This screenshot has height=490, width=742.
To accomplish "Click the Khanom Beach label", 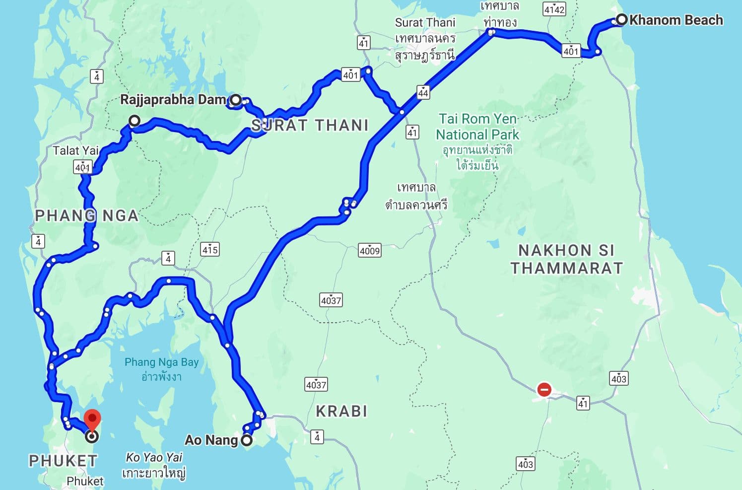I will [676, 20].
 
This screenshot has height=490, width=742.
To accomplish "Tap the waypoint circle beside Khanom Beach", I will [621, 20].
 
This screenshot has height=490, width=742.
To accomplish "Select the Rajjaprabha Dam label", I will [173, 100].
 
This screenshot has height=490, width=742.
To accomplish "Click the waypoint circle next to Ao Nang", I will [247, 440].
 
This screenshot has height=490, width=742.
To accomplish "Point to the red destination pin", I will [92, 420].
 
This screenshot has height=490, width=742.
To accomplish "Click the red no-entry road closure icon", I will [544, 389].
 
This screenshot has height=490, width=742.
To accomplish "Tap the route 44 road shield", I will [423, 92].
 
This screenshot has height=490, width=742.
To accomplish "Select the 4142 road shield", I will [554, 9].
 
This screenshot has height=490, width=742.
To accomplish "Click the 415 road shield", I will [210, 249].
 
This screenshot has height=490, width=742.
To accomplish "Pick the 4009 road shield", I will [370, 251].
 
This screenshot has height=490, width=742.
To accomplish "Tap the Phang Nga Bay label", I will [161, 362].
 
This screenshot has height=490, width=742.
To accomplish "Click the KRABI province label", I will [341, 411].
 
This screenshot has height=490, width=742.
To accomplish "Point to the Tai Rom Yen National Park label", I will [477, 127].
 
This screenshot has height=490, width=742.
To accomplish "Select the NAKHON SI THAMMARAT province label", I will [567, 259].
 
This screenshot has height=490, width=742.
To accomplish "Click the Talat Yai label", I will [76, 150].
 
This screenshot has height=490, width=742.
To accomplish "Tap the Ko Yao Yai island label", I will [154, 457].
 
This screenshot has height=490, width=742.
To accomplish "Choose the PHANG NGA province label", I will [86, 215].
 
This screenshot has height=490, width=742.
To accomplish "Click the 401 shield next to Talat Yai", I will [82, 167].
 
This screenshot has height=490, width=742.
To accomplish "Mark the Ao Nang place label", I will [211, 440].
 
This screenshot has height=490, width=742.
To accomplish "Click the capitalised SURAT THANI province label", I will [310, 125].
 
